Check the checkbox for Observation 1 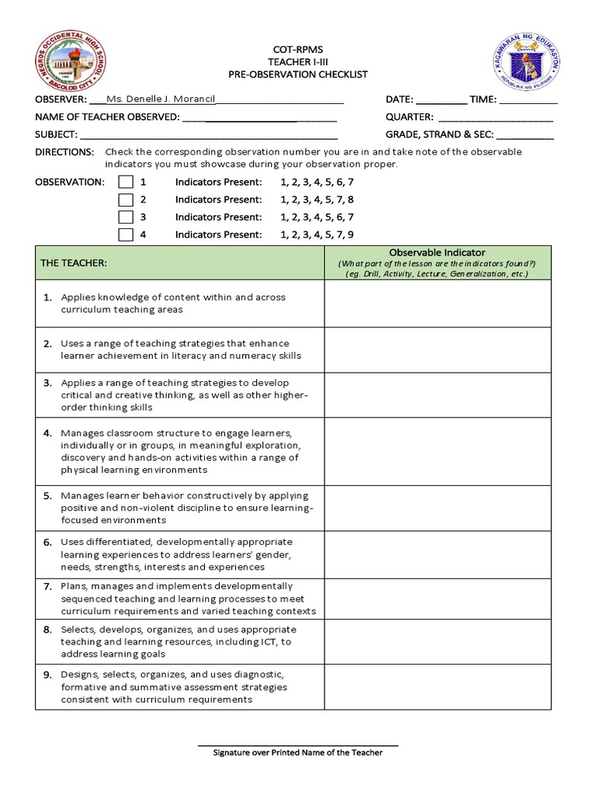point(126,182)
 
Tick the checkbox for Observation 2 point(126,200)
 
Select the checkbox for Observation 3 point(126,217)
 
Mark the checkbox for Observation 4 point(126,234)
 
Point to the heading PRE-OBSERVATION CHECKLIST point(298,75)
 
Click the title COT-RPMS point(298,50)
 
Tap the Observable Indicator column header point(438,253)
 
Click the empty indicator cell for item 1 point(438,304)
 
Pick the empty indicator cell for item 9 point(438,686)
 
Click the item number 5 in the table point(47,495)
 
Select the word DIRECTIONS point(64,152)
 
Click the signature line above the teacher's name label point(298,745)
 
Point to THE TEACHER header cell point(74,263)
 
